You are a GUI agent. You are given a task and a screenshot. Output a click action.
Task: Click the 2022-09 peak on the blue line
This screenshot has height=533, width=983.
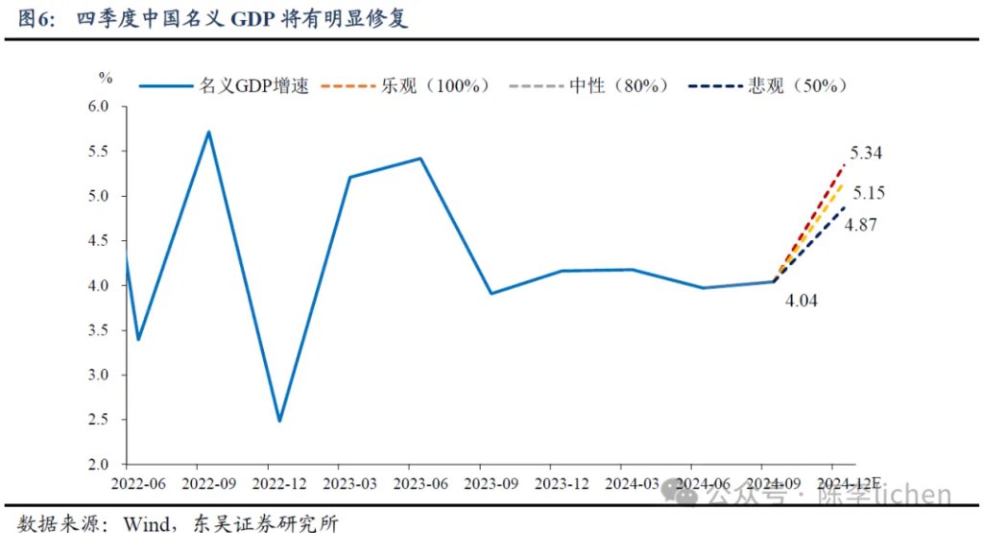[x=208, y=132]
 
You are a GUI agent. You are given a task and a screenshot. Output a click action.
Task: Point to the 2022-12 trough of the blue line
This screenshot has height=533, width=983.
[x=279, y=421]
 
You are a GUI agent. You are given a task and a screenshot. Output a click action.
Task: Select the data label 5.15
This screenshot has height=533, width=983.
[x=868, y=194]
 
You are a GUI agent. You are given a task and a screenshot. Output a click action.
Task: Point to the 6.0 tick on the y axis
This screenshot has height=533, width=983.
[x=99, y=107]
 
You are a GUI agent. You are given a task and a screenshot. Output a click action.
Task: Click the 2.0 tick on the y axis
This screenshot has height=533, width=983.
[x=99, y=465]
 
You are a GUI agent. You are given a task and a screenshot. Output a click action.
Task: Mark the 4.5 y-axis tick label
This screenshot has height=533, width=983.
[x=99, y=241]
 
